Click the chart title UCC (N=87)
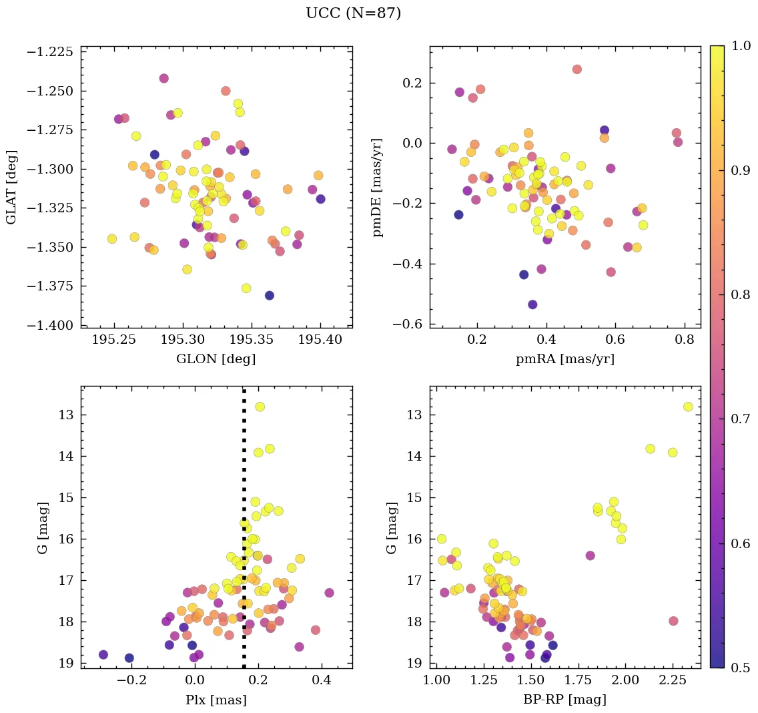[x=353, y=13]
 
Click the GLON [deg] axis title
[x=216, y=359]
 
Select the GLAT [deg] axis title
[x=11, y=187]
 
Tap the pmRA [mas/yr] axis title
[x=564, y=359]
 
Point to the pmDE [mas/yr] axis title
[x=378, y=187]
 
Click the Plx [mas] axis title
[x=216, y=700]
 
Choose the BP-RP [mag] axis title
[x=564, y=700]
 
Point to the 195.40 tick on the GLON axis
[x=320, y=340]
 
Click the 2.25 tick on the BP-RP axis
[x=673, y=681]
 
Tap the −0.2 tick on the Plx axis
[x=129, y=681]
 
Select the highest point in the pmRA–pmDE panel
[x=577, y=69]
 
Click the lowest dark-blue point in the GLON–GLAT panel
[x=269, y=295]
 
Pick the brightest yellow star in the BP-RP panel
[x=688, y=407]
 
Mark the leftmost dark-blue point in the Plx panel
[x=103, y=654]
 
